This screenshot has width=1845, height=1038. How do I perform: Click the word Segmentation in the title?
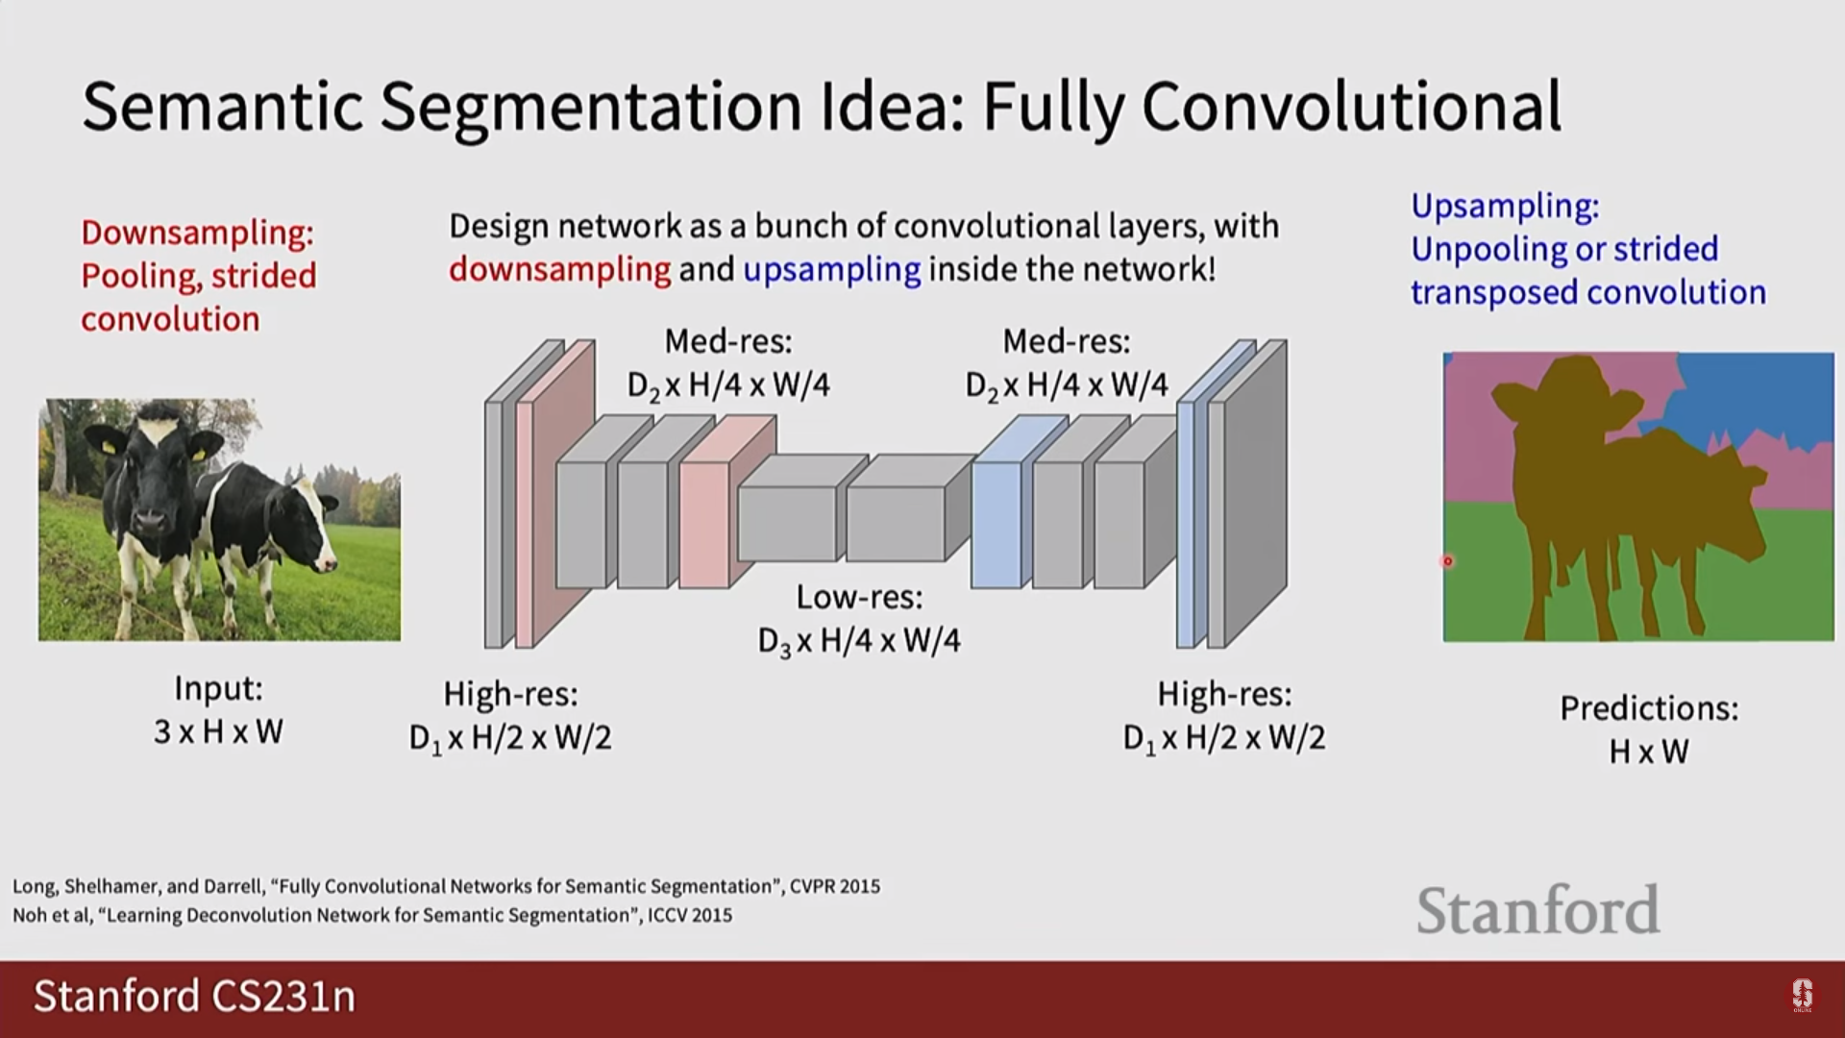coord(590,107)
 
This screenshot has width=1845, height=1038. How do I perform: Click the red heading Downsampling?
coord(197,233)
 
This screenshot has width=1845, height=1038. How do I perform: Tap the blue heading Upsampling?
coord(1505,206)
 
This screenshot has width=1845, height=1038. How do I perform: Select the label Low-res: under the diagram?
coord(859,597)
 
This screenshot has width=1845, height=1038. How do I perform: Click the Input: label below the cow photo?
coord(218,688)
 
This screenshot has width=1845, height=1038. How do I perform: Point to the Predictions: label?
coord(1649,708)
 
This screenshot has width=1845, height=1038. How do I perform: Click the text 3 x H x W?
coord(218,732)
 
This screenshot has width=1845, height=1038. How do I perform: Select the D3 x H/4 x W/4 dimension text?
coord(859,641)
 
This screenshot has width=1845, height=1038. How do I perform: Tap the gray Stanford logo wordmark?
coord(1537,910)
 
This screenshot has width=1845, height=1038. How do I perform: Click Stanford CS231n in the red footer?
coord(194,997)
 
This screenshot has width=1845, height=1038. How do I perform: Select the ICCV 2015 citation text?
coord(690,915)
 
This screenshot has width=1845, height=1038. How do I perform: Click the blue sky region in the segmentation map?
coord(1768,394)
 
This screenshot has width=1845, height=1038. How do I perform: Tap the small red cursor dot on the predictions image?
coord(1447,561)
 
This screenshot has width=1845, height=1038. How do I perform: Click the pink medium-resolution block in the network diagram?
coord(704,524)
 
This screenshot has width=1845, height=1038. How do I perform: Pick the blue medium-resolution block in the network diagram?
coord(996,524)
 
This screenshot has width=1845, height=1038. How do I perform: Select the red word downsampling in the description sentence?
coord(559,269)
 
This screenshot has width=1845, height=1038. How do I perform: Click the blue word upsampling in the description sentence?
coord(832,269)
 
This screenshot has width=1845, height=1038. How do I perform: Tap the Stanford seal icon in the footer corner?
coord(1802,996)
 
